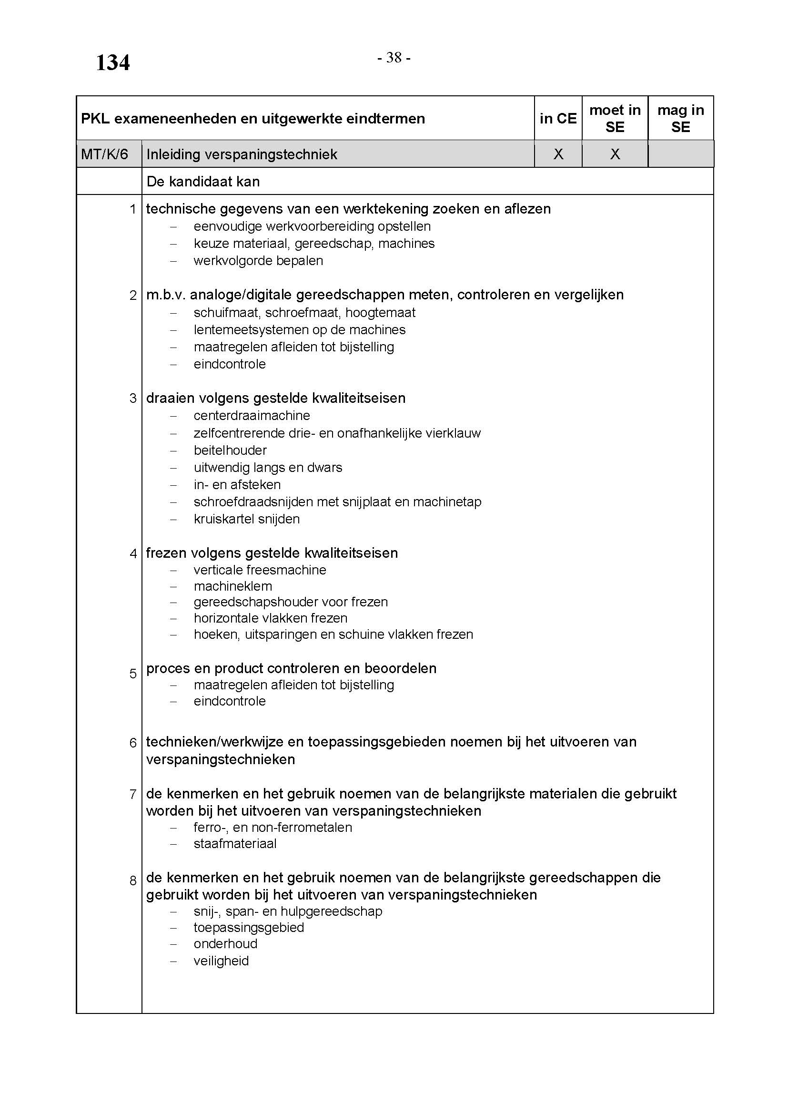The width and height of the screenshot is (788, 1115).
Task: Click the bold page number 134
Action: (112, 62)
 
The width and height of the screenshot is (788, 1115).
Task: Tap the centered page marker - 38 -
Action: (394, 58)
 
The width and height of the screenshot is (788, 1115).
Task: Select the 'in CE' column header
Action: (558, 119)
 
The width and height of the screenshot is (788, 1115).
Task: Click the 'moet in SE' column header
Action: (615, 119)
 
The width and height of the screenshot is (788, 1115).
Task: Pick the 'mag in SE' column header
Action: (680, 119)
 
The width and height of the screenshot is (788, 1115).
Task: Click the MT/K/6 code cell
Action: (104, 154)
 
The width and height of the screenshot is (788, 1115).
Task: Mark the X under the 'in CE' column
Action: (558, 154)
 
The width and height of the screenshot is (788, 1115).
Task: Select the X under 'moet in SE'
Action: (615, 154)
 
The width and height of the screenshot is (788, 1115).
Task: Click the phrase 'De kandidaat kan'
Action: (203, 182)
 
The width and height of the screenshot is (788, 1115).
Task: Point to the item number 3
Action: (133, 399)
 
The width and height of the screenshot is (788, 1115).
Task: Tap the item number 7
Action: (133, 795)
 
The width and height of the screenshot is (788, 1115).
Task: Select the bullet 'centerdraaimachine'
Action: (252, 416)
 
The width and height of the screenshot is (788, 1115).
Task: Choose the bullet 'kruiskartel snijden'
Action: (246, 519)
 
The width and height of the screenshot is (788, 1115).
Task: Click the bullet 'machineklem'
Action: (233, 586)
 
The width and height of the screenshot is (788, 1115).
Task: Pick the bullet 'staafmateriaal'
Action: (235, 844)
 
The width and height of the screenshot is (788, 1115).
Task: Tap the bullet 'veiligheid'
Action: (221, 961)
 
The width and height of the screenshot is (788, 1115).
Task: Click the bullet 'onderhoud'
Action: (225, 943)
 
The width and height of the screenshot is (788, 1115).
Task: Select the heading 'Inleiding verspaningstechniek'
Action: (242, 154)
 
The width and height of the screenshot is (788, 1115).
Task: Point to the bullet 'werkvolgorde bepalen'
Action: (258, 261)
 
